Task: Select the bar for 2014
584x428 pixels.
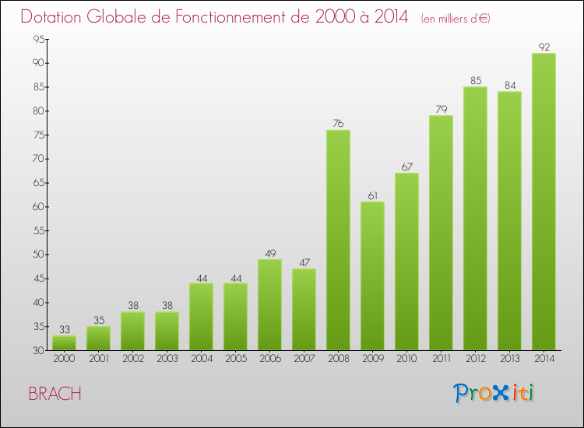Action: (544, 202)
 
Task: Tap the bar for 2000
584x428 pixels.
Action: (64, 343)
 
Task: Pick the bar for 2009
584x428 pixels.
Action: (372, 275)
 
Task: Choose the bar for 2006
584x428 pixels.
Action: (269, 304)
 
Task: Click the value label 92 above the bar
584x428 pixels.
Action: (544, 47)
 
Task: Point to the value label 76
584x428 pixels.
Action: (338, 124)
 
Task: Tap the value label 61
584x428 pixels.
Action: (372, 196)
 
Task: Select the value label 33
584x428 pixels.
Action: (64, 330)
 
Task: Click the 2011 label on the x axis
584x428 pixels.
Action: (441, 359)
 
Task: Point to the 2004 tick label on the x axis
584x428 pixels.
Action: (201, 359)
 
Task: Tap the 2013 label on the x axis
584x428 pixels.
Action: (509, 359)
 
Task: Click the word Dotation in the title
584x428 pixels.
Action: (56, 17)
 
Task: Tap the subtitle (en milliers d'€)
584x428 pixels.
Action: (456, 19)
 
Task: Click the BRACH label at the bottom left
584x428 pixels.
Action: (55, 394)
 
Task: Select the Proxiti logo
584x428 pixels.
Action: (494, 393)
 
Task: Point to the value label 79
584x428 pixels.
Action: (441, 110)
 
